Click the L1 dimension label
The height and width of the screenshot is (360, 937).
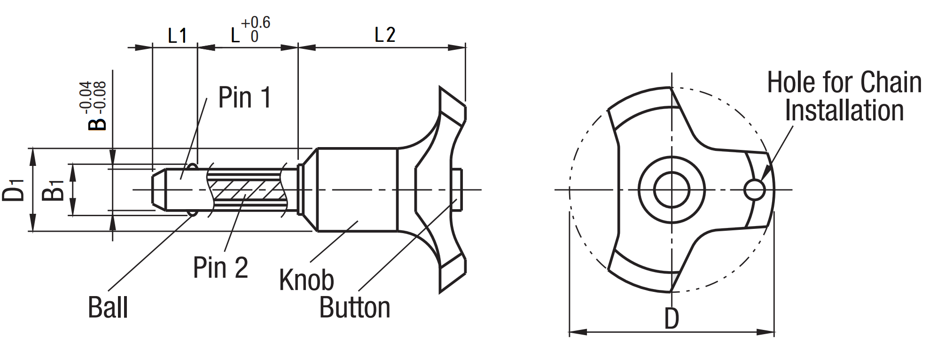[178, 36]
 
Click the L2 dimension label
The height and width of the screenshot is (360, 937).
[385, 35]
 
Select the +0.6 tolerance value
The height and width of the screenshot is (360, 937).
[256, 23]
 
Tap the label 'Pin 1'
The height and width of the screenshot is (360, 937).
[245, 98]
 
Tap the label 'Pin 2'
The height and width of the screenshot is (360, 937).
[220, 267]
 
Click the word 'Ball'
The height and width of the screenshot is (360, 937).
[108, 308]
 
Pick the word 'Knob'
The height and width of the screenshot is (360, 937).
[306, 280]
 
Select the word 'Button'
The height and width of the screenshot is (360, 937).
[355, 308]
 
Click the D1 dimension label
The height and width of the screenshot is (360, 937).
[14, 189]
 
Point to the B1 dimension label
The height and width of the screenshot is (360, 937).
[53, 189]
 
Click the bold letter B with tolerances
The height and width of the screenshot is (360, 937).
[98, 123]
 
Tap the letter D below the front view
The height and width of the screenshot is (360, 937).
[672, 319]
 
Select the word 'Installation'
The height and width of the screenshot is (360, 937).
[844, 111]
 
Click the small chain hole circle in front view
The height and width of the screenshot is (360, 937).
[754, 190]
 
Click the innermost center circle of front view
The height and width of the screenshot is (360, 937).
[672, 190]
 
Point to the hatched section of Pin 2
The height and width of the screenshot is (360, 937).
[244, 189]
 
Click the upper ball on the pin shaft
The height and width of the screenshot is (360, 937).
[192, 167]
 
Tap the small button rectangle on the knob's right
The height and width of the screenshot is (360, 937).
[457, 190]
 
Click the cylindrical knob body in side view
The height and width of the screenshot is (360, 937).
[357, 190]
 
